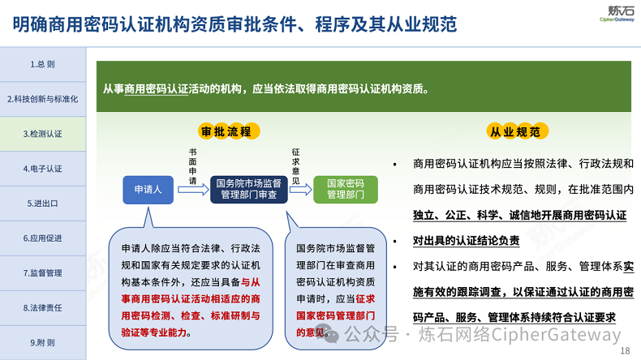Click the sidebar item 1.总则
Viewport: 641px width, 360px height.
pyautogui.click(x=42, y=64)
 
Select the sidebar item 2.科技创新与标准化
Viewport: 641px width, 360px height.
pyautogui.click(x=42, y=99)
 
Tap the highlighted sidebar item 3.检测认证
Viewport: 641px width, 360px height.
pyautogui.click(x=42, y=134)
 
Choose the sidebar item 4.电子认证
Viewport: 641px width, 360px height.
pyautogui.click(x=42, y=169)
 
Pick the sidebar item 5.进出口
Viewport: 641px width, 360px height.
pyautogui.click(x=42, y=203)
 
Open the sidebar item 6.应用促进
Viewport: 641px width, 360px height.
pyautogui.click(x=42, y=238)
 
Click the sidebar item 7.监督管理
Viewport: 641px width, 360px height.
pyautogui.click(x=42, y=272)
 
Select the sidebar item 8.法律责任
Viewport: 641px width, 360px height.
pyautogui.click(x=42, y=307)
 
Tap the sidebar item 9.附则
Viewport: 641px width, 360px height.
pyautogui.click(x=42, y=342)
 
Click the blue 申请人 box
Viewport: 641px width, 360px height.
pyautogui.click(x=148, y=190)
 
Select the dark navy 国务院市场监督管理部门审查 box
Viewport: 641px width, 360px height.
pyautogui.click(x=248, y=190)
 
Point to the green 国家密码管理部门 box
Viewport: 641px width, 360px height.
pyautogui.click(x=346, y=190)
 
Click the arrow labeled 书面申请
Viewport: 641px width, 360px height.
pyautogui.click(x=193, y=190)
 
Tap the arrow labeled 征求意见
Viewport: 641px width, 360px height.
pyautogui.click(x=300, y=190)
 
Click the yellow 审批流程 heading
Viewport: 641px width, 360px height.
pyautogui.click(x=229, y=131)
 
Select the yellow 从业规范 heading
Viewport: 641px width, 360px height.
pyautogui.click(x=517, y=131)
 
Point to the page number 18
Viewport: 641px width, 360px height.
pyautogui.click(x=625, y=350)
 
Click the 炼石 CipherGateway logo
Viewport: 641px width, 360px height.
pyautogui.click(x=617, y=14)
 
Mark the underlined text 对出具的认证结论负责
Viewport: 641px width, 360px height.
pyautogui.click(x=466, y=241)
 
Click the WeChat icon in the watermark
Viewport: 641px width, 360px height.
pyautogui.click(x=329, y=334)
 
